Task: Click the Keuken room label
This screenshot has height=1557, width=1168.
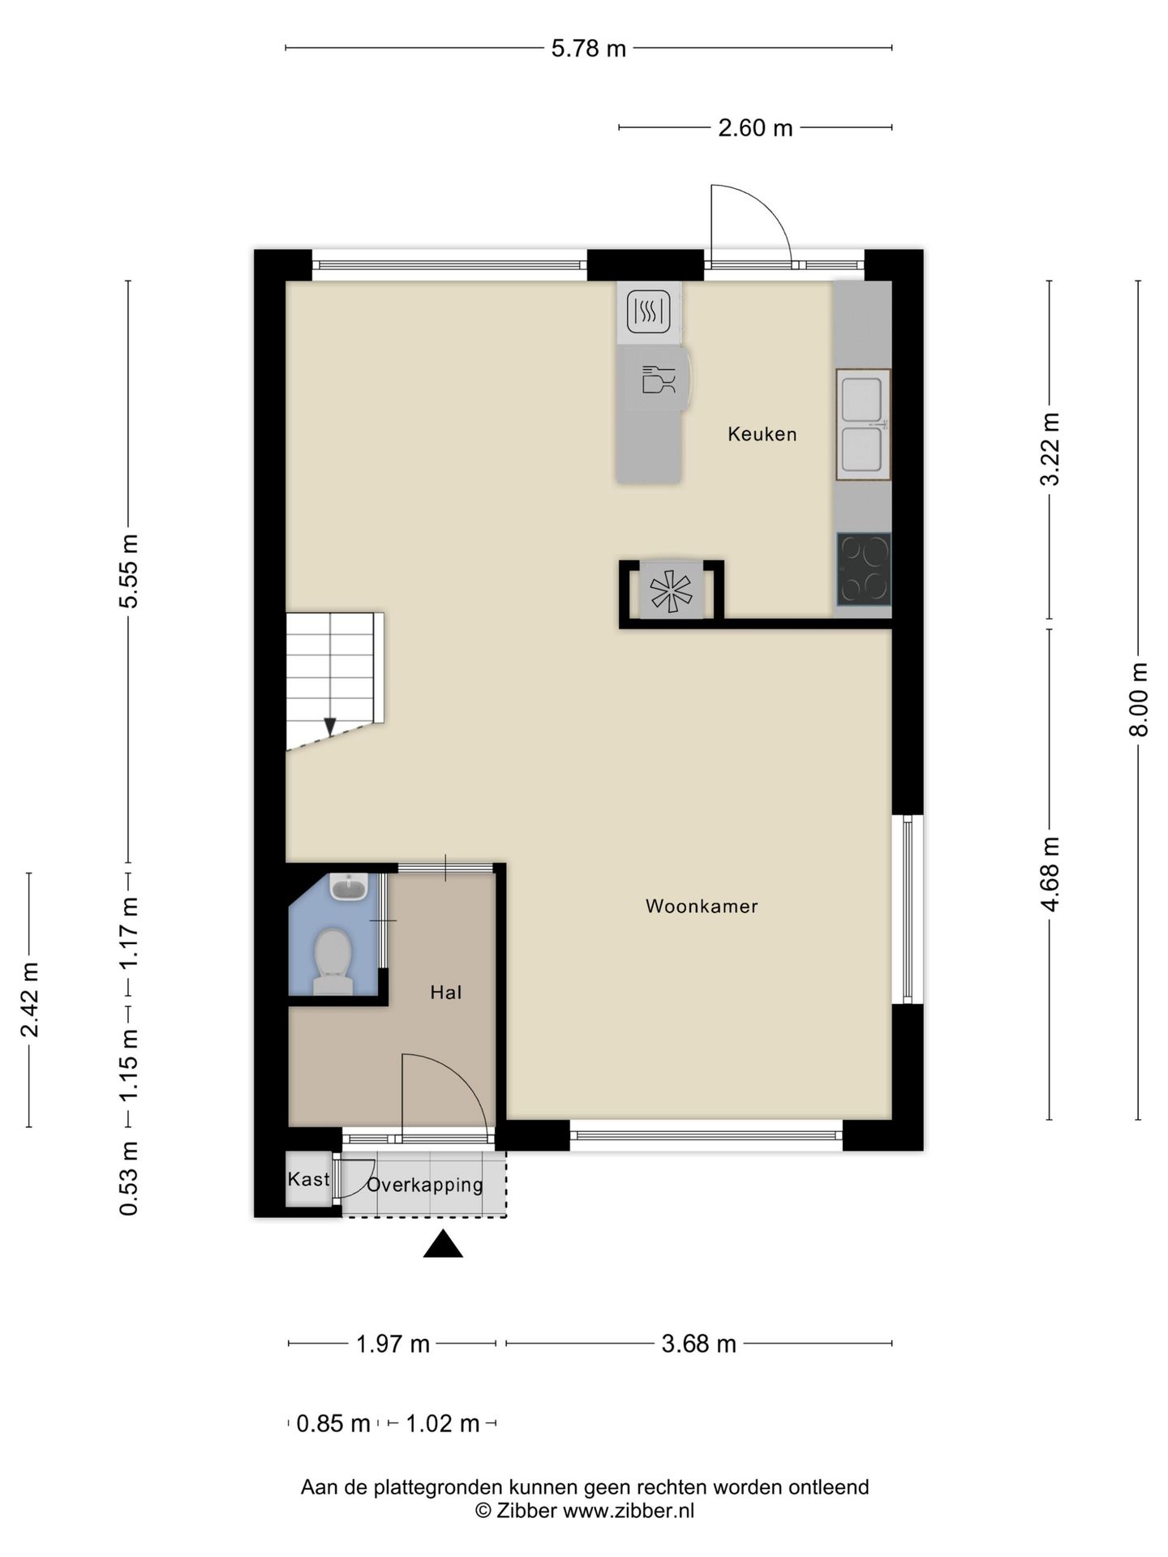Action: pyautogui.click(x=762, y=434)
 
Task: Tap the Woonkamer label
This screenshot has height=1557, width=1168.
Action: pyautogui.click(x=702, y=906)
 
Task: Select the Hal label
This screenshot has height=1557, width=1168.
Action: pyautogui.click(x=446, y=992)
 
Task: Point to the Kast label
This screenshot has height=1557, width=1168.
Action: pyautogui.click(x=308, y=1179)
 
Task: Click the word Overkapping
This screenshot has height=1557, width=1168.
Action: pyautogui.click(x=425, y=1185)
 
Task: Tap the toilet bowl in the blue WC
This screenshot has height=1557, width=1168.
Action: pyautogui.click(x=333, y=961)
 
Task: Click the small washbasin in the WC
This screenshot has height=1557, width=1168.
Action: pyautogui.click(x=350, y=886)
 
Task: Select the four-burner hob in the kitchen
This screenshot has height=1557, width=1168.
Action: pyautogui.click(x=864, y=569)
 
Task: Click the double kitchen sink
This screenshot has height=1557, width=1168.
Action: pyautogui.click(x=863, y=425)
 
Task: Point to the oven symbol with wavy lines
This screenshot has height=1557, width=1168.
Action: pyautogui.click(x=649, y=311)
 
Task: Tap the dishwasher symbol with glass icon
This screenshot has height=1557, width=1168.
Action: pyautogui.click(x=658, y=380)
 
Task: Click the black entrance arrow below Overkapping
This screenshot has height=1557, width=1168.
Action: pyautogui.click(x=443, y=1244)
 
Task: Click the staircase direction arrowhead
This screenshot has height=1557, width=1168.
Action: pyautogui.click(x=329, y=727)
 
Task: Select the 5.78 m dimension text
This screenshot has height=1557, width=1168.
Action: pyautogui.click(x=589, y=49)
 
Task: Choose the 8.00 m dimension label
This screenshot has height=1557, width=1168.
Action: pyautogui.click(x=1140, y=699)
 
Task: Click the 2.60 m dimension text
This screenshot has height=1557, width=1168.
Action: pyautogui.click(x=755, y=128)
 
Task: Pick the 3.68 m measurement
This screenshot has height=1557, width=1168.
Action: pyautogui.click(x=698, y=1344)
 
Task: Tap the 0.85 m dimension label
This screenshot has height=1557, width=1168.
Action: pyautogui.click(x=333, y=1423)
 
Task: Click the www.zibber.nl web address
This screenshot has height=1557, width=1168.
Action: pyautogui.click(x=629, y=1511)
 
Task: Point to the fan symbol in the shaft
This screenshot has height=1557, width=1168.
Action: pyautogui.click(x=672, y=590)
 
